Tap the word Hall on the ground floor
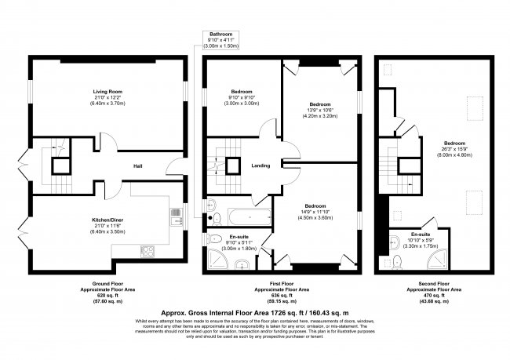[x=138, y=166]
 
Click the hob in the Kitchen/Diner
[x=147, y=251]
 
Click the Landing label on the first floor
[x=261, y=166]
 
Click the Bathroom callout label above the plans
[x=221, y=35]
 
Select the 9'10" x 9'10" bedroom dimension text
[x=242, y=97]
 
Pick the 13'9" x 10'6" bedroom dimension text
[x=319, y=111]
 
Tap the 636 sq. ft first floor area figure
[x=286, y=293]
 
